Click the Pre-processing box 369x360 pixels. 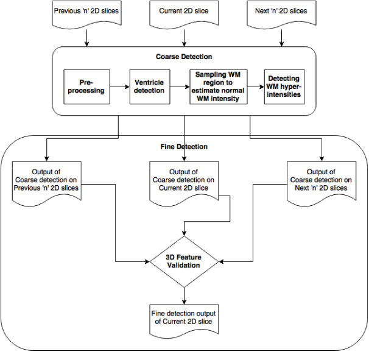[x=86, y=86]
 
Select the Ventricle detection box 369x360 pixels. [x=150, y=86]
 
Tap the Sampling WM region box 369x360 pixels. [x=219, y=86]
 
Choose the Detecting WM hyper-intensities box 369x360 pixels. [x=284, y=86]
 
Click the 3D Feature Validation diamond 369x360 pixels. [x=184, y=261]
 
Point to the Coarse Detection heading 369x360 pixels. [x=184, y=57]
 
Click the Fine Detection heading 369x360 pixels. [x=184, y=147]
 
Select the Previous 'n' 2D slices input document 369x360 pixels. [x=86, y=14]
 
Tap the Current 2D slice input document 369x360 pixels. [x=184, y=14]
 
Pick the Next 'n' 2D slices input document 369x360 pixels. [x=281, y=14]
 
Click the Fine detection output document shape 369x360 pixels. [x=184, y=320]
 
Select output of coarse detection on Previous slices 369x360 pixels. [x=47, y=183]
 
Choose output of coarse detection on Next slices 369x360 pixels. [x=322, y=183]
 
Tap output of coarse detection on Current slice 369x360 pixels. [x=184, y=183]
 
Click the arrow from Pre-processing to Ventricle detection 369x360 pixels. [x=119, y=87]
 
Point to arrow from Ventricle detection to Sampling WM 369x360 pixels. [x=180, y=87]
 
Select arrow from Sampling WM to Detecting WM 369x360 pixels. [x=256, y=87]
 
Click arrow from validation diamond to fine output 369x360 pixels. [x=184, y=296]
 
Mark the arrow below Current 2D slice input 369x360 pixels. [x=184, y=38]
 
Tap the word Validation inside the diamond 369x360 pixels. [x=183, y=266]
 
